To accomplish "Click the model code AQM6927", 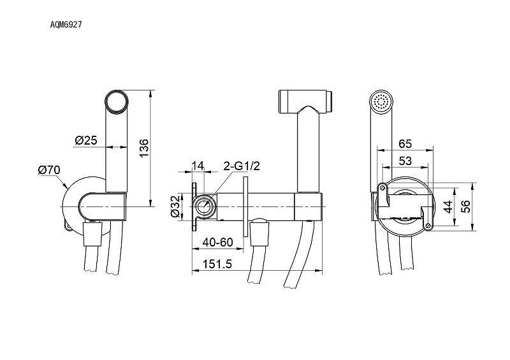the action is (x=66, y=24).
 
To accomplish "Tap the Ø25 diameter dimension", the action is (x=86, y=140).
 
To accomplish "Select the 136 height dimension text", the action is (x=143, y=148).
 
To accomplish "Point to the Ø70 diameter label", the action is (x=49, y=169).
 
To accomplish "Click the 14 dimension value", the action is (x=198, y=166).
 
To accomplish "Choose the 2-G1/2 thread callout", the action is (x=242, y=166).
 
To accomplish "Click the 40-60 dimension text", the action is (x=217, y=242).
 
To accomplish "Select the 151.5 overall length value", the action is (x=217, y=264).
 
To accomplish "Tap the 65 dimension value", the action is (x=405, y=144).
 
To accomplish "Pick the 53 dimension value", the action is (x=405, y=161).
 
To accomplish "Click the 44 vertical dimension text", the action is (x=448, y=207).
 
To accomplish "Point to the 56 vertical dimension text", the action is (x=466, y=206).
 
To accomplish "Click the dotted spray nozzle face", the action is (x=382, y=101).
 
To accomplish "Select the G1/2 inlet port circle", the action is (x=204, y=206).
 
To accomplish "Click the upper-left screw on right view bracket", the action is (x=382, y=187).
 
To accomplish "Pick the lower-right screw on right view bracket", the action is (x=428, y=226).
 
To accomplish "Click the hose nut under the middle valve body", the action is (x=259, y=233).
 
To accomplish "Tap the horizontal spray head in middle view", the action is (x=306, y=101).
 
